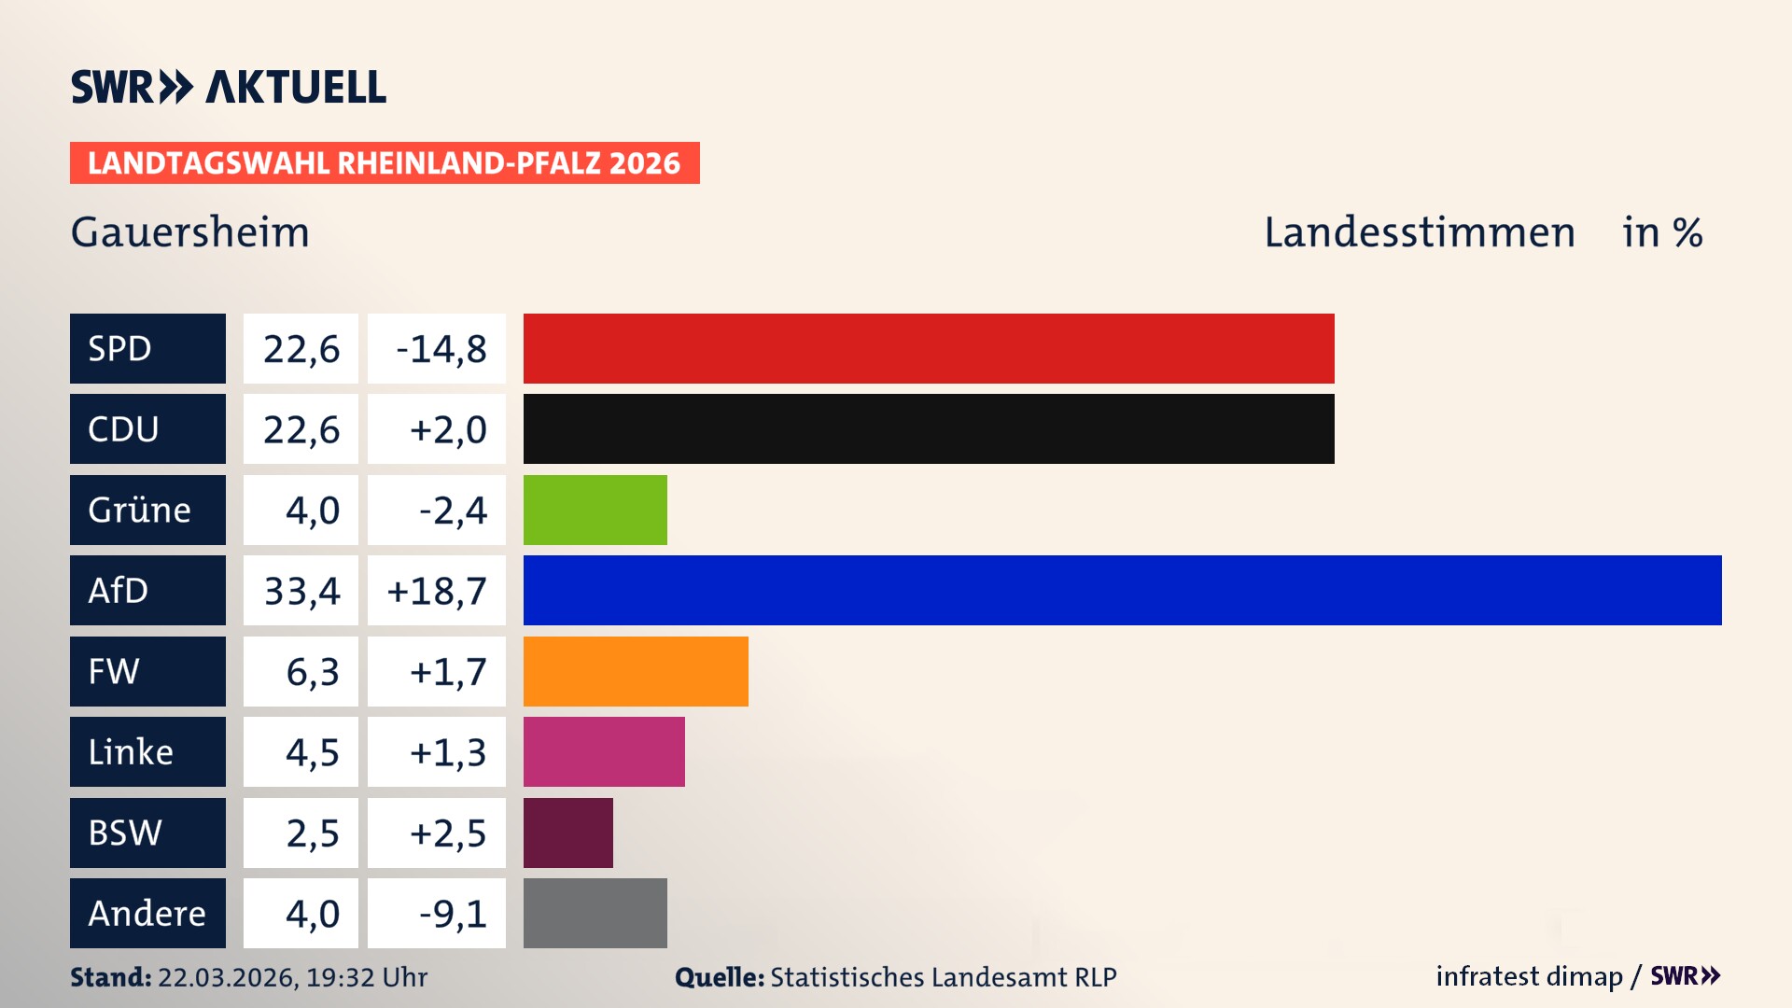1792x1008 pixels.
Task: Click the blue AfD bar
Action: [x=1122, y=590]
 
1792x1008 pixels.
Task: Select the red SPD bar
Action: [x=929, y=348]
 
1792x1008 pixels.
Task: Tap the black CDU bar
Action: [x=929, y=428]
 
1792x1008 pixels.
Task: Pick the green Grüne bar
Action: [x=595, y=510]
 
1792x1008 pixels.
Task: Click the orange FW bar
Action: [x=636, y=671]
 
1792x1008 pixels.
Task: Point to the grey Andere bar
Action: [x=595, y=913]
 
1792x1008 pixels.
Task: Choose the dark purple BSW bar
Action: [x=567, y=833]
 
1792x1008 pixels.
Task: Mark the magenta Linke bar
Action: [x=604, y=751]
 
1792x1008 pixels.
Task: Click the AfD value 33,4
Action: [x=301, y=591]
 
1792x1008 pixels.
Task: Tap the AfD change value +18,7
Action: [x=437, y=591]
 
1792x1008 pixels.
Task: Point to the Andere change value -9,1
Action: [x=453, y=914]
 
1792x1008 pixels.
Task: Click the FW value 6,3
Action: [x=312, y=672]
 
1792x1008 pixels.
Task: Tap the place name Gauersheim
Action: [x=190, y=231]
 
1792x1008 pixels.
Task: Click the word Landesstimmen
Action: [x=1419, y=231]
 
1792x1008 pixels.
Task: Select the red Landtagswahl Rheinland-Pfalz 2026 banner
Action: [x=385, y=162]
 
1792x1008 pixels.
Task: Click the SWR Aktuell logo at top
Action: [x=229, y=87]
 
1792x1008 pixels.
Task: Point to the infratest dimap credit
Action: [x=1529, y=976]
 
